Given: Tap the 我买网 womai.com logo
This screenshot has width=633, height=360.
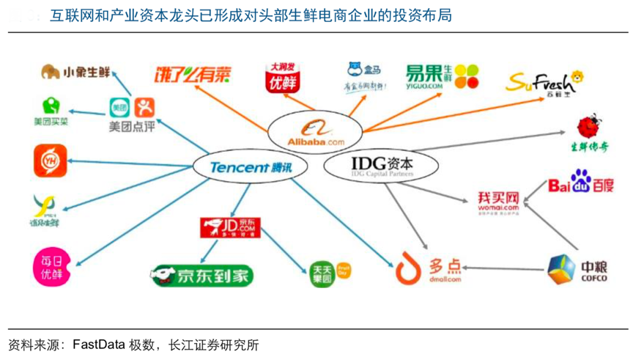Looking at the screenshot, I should [498, 202].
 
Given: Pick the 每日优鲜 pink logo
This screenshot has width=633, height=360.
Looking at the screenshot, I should [51, 267].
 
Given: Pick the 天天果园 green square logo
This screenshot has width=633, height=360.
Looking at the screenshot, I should [322, 273].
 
